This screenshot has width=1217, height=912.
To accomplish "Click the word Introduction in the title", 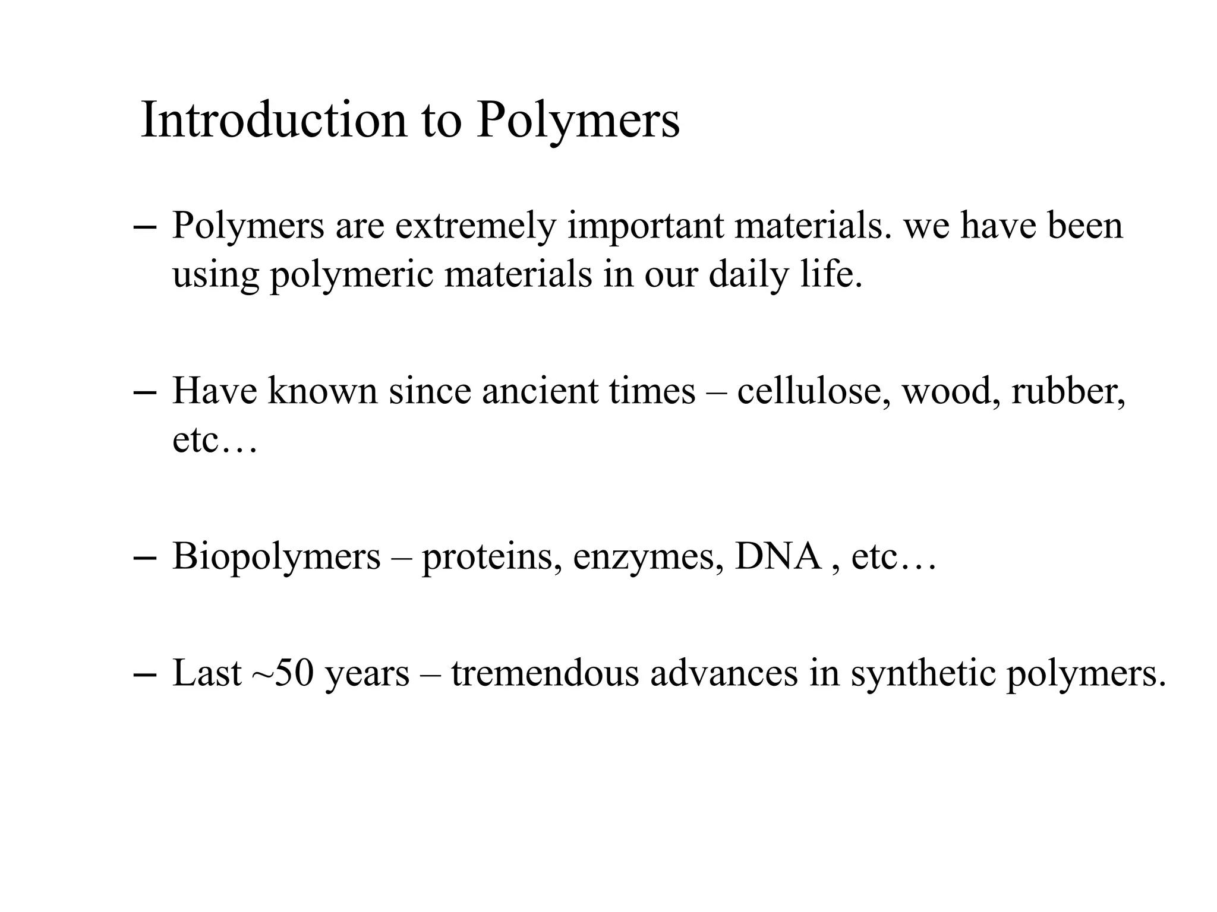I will [274, 120].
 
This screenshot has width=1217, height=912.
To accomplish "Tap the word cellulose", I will [814, 392].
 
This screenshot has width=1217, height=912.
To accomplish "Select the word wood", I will [948, 392].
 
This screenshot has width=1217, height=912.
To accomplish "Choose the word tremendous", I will [545, 674].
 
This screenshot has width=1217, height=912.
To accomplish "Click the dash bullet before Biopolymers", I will [146, 559].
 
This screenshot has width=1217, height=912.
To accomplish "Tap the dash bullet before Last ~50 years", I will [146, 675].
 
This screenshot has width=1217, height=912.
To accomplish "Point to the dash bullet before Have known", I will [146, 392].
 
